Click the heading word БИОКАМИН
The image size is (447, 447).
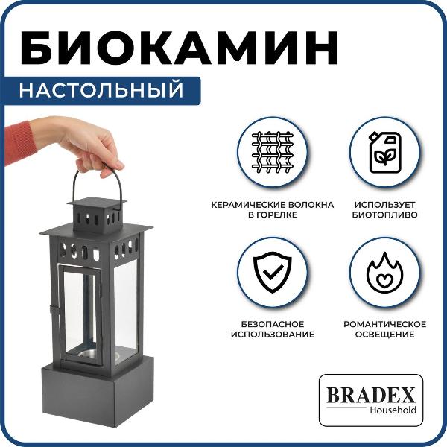pos(180,48)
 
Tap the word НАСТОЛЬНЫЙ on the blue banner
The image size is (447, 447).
pos(101,90)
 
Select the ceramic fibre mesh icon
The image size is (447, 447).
pos(273,152)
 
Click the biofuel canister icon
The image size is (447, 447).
pos(385,152)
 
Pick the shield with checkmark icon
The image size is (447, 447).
pos(273,272)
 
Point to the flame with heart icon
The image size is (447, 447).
pos(385,272)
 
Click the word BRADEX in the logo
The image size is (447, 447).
pos(370,395)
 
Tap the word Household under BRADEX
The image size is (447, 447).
pos(393,410)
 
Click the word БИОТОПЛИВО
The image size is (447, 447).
pos(385,215)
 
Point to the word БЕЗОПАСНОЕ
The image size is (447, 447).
pos(273,324)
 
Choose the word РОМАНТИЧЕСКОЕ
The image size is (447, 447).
pos(385,324)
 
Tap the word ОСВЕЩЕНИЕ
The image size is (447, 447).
pos(385,334)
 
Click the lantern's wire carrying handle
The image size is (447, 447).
pos(74,183)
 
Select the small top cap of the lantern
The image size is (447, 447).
pos(96,215)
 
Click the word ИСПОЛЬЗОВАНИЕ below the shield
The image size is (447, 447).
pos(273,334)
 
